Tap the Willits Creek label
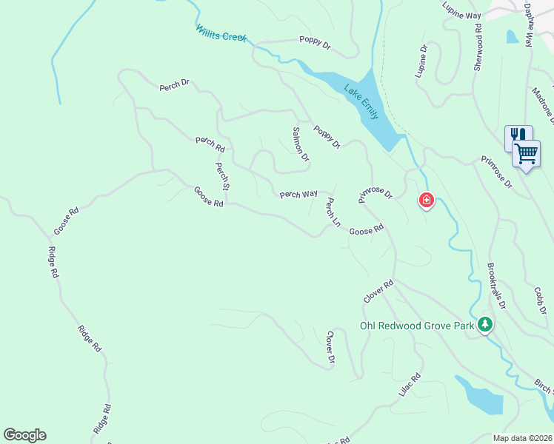click(221, 34)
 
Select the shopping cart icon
click(526, 153)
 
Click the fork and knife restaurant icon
click(517, 136)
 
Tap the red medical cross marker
click(427, 200)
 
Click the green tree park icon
click(485, 324)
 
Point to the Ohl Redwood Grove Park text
click(415, 326)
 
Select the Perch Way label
click(298, 194)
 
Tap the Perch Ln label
click(333, 212)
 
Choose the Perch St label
click(221, 177)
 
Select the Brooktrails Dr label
click(496, 284)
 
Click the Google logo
click(24, 435)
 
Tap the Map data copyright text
click(523, 438)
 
